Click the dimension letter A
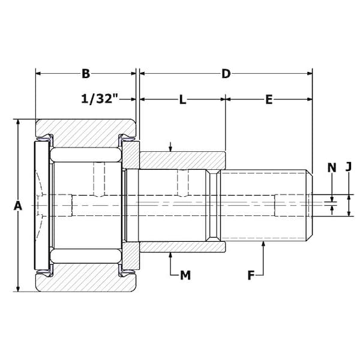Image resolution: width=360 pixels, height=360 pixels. click(17, 205)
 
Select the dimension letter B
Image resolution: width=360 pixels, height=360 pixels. click(86, 74)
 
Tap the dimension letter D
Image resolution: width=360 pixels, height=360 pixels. click(226, 74)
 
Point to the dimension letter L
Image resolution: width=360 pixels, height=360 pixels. click(182, 100)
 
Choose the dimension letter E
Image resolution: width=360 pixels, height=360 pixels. click(269, 100)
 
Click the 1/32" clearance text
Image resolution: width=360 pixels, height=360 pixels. click(100, 99)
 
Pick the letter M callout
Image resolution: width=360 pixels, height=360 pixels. click(185, 275)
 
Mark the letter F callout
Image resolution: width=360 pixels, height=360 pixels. click(251, 275)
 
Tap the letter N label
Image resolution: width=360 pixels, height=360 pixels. click(332, 167)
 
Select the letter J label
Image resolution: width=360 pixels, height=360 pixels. click(349, 167)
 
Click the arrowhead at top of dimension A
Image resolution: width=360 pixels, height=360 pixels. click(18, 122)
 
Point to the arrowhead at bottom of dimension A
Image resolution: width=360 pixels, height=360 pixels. click(18, 289)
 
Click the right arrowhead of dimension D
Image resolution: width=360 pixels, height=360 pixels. click(310, 73)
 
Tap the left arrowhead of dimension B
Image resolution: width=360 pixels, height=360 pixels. click(38, 73)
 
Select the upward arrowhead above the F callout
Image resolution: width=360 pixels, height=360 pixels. click(263, 244)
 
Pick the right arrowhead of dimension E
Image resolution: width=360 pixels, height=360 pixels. click(310, 99)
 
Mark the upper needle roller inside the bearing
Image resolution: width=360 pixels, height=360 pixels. click(86, 155)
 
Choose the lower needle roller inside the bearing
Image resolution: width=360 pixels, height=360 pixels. click(86, 256)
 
